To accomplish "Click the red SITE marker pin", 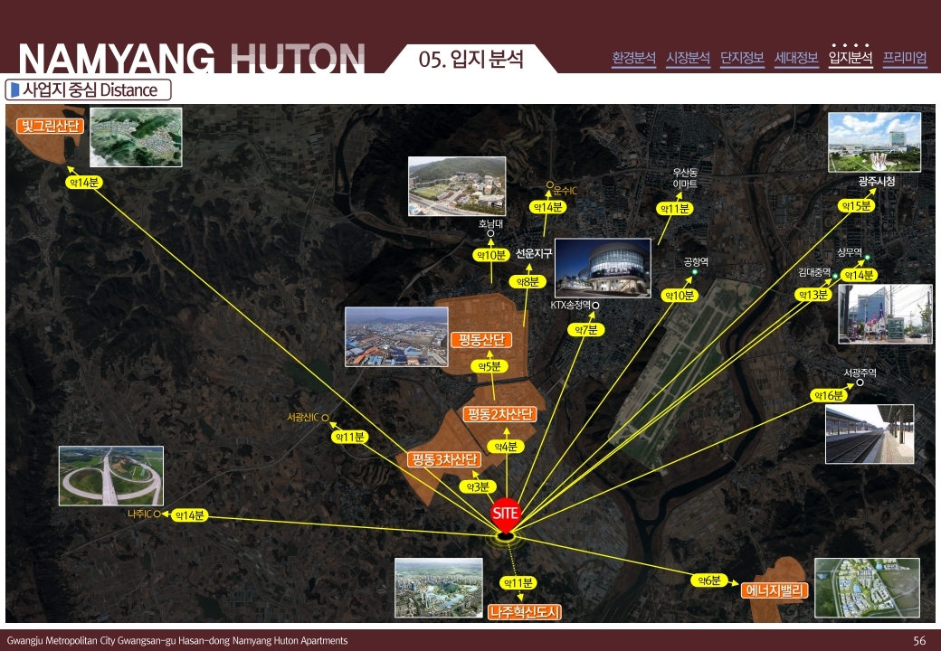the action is pos(506,515).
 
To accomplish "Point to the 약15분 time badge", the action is pos(856,206).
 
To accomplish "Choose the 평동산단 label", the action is pos(480,340).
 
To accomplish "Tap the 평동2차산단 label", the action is pos(499,414).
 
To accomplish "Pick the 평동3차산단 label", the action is pos(443,459).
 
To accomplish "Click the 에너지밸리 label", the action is pos(775,590).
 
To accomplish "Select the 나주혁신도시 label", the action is pos(525,612).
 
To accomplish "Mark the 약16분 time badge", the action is pos(827,395).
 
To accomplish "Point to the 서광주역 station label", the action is pos(860,373).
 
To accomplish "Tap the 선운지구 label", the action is pos(534,254).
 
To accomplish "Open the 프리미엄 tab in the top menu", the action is pos(905,58).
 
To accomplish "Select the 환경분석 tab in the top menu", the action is pos(633,58).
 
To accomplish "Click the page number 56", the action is pos(919,640).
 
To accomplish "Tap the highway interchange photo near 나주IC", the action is pos(111,476).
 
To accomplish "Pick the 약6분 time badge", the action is pos(708,580).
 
